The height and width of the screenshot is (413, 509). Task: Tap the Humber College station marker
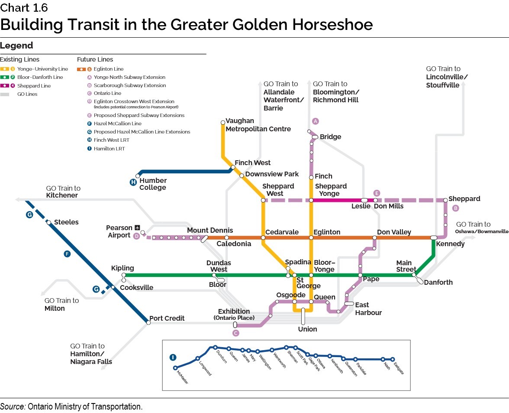pyautogui.click(x=137, y=176)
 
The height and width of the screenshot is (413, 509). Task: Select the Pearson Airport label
pyautogui.click(x=119, y=231)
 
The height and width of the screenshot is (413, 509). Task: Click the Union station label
pyautogui.click(x=307, y=329)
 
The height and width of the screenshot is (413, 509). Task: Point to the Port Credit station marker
pyautogui.click(x=148, y=322)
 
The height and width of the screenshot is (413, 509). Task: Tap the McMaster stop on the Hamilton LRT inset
pyautogui.click(x=175, y=368)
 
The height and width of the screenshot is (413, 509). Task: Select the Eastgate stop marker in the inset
pyautogui.click(x=393, y=359)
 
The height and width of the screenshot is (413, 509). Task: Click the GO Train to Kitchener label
pyautogui.click(x=63, y=192)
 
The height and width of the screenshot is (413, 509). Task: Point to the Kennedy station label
pyautogui.click(x=450, y=244)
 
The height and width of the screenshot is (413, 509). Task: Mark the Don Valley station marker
pyautogui.click(x=374, y=237)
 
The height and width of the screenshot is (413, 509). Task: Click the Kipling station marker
pyautogui.click(x=123, y=275)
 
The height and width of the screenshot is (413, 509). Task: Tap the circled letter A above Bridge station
pyautogui.click(x=316, y=121)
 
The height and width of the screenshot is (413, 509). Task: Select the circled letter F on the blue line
pyautogui.click(x=67, y=254)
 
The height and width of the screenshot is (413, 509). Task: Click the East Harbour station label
pyautogui.click(x=368, y=309)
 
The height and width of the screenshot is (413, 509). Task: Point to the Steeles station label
pyautogui.click(x=66, y=222)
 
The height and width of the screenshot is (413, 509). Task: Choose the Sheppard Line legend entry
pyautogui.click(x=34, y=86)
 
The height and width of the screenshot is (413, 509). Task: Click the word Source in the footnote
pyautogui.click(x=13, y=406)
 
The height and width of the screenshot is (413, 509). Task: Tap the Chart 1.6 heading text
pyautogui.click(x=24, y=8)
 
